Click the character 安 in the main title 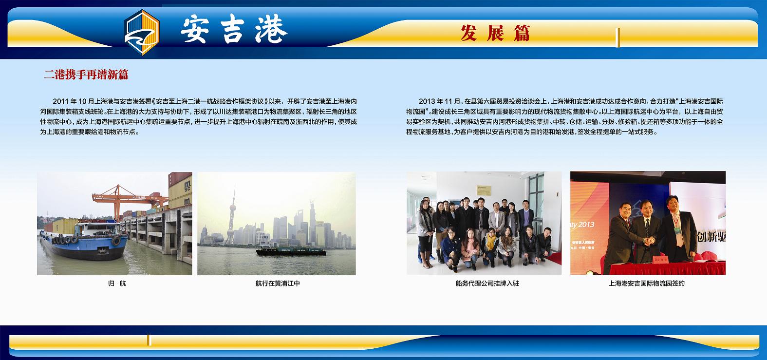(x=195, y=29)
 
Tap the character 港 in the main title (x=271, y=29)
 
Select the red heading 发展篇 (x=495, y=33)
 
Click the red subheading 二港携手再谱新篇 (x=86, y=75)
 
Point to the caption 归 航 (x=117, y=283)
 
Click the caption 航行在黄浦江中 (x=278, y=283)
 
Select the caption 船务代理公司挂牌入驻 (x=487, y=283)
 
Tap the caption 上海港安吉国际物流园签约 (x=647, y=283)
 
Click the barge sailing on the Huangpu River (x=291, y=251)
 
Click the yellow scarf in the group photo (x=491, y=242)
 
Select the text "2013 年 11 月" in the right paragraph (x=439, y=101)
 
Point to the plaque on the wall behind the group (x=484, y=190)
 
